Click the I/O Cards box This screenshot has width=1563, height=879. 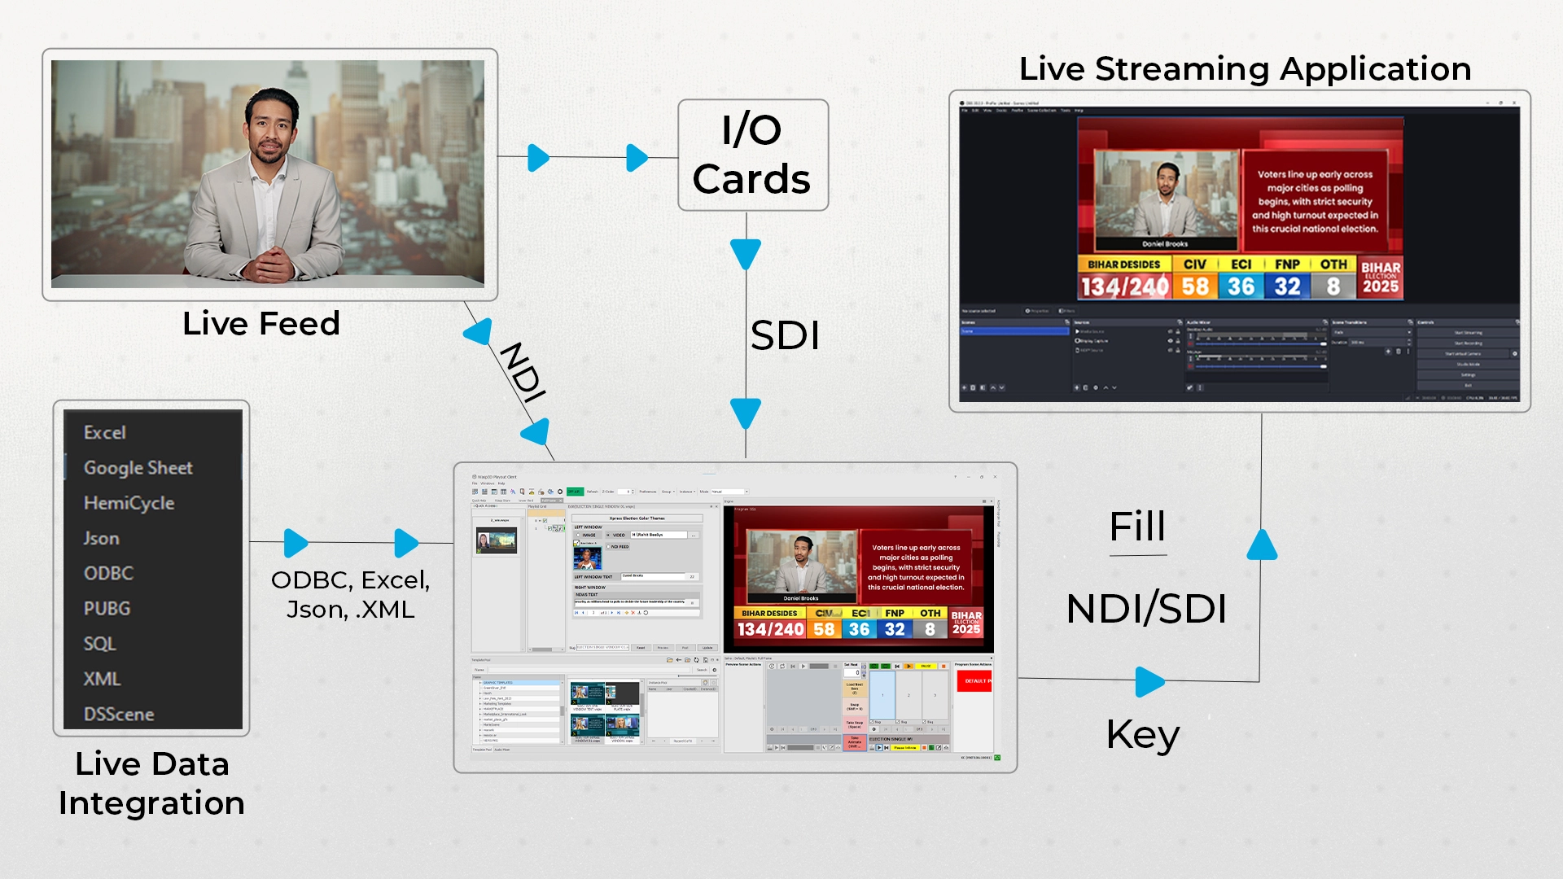[x=752, y=155]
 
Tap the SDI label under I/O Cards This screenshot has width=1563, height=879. [x=784, y=335]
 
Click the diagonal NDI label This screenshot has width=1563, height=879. [x=522, y=372]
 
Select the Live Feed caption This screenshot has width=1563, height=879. [x=260, y=324]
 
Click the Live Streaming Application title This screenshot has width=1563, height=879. [x=1245, y=69]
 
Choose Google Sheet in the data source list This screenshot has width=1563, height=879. [x=138, y=468]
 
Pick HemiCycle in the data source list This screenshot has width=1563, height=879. [x=129, y=503]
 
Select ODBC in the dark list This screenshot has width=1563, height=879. [x=108, y=573]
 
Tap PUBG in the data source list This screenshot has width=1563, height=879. [x=107, y=608]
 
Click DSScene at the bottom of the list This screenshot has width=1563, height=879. [x=119, y=714]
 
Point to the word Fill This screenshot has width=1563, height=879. [x=1137, y=527]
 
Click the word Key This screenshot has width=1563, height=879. [x=1142, y=735]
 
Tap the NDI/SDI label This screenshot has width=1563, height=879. [x=1146, y=609]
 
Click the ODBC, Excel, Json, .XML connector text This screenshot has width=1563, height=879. [x=350, y=594]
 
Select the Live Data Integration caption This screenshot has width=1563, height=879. [x=151, y=783]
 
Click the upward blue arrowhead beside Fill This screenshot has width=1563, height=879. [x=1262, y=545]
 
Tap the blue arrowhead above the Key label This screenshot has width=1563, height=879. [x=1149, y=681]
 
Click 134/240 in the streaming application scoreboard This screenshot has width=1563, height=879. [x=1124, y=286]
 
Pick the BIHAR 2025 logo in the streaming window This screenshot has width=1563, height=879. [x=1381, y=278]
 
